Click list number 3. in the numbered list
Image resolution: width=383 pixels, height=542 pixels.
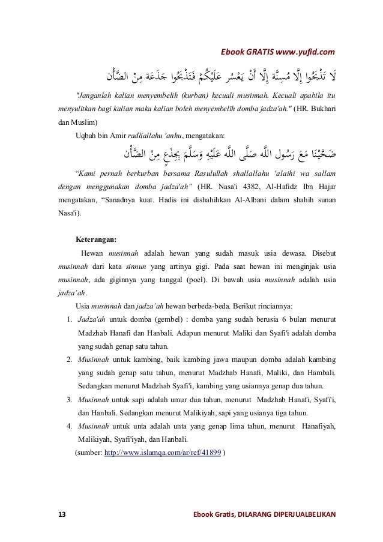click(70, 399)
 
